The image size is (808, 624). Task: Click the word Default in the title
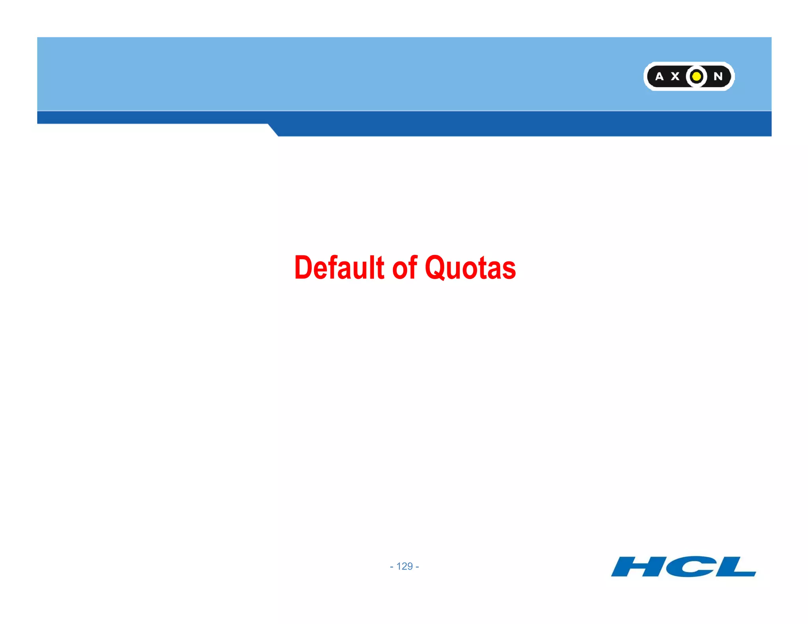click(339, 267)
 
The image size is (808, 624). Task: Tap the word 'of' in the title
click(404, 267)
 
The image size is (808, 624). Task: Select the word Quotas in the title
click(470, 267)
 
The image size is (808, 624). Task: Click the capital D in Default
click(303, 267)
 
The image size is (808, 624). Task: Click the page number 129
click(404, 566)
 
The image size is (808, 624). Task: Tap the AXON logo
click(689, 76)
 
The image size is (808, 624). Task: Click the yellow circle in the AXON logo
click(697, 76)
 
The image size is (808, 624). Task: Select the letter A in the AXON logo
click(659, 77)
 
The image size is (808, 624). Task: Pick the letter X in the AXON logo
click(675, 77)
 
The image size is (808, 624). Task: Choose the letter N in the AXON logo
click(718, 77)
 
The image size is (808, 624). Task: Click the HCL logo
click(683, 566)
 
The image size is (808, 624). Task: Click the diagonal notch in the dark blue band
click(273, 130)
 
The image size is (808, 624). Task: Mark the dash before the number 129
click(391, 567)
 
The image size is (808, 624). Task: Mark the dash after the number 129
click(417, 567)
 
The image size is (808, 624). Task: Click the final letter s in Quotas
click(509, 270)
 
